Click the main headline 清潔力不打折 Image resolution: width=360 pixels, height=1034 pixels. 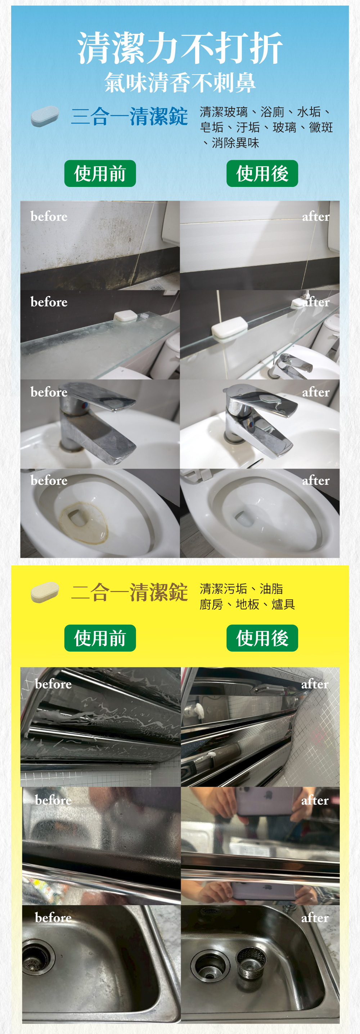tap(180, 48)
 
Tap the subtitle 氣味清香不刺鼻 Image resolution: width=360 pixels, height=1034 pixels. tap(180, 83)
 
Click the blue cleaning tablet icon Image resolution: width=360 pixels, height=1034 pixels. tap(45, 116)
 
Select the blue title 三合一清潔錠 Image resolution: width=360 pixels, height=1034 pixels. tap(129, 116)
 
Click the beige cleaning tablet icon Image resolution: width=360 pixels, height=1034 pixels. tap(45, 592)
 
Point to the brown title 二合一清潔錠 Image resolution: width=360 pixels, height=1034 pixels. tap(129, 592)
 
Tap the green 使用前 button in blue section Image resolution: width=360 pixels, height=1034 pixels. tap(100, 173)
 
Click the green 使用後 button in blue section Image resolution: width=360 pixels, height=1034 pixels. tap(262, 173)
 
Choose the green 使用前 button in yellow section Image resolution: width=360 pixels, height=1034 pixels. tap(100, 638)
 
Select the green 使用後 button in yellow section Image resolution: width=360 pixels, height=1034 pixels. tap(262, 638)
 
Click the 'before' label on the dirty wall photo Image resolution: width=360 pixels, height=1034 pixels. tap(49, 216)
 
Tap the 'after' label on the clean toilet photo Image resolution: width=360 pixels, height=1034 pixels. tap(316, 480)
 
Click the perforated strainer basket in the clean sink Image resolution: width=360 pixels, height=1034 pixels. tap(251, 961)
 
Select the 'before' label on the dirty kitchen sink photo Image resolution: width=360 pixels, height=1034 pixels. tap(53, 918)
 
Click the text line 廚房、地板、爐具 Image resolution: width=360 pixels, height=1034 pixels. tap(247, 604)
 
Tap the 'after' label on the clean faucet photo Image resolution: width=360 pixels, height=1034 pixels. tap(316, 392)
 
